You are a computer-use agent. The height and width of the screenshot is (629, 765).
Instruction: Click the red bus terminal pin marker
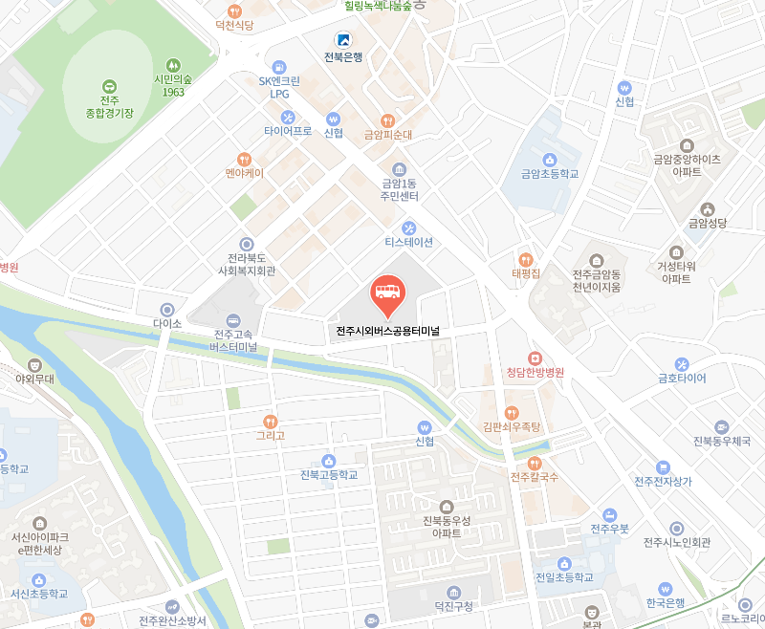pos(386,296)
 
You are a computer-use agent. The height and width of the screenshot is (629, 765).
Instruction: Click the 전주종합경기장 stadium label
pos(108,105)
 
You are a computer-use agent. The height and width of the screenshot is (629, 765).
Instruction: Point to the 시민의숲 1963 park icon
pos(173,64)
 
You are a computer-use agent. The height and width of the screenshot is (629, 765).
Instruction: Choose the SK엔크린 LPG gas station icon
pos(279,67)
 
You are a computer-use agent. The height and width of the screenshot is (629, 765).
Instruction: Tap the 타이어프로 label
pos(288,131)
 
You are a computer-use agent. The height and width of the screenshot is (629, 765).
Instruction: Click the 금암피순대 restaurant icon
pos(387,120)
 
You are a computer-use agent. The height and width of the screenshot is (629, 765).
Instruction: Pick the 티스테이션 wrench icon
pos(409,228)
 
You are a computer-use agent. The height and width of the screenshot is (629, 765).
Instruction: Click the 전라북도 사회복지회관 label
pos(247,264)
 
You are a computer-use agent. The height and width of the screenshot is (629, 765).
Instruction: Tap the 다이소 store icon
pos(167,310)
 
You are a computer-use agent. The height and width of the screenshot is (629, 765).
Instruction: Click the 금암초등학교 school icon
pos(550,160)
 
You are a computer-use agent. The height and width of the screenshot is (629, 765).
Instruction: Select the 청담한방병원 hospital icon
pos(535,357)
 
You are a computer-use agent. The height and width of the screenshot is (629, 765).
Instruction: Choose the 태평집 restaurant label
pos(526,273)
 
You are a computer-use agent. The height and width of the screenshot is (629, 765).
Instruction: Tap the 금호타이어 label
pos(681,378)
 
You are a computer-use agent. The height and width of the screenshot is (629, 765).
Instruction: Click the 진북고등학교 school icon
pos(328,460)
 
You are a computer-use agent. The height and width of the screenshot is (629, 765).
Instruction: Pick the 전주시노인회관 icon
pos(677,528)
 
